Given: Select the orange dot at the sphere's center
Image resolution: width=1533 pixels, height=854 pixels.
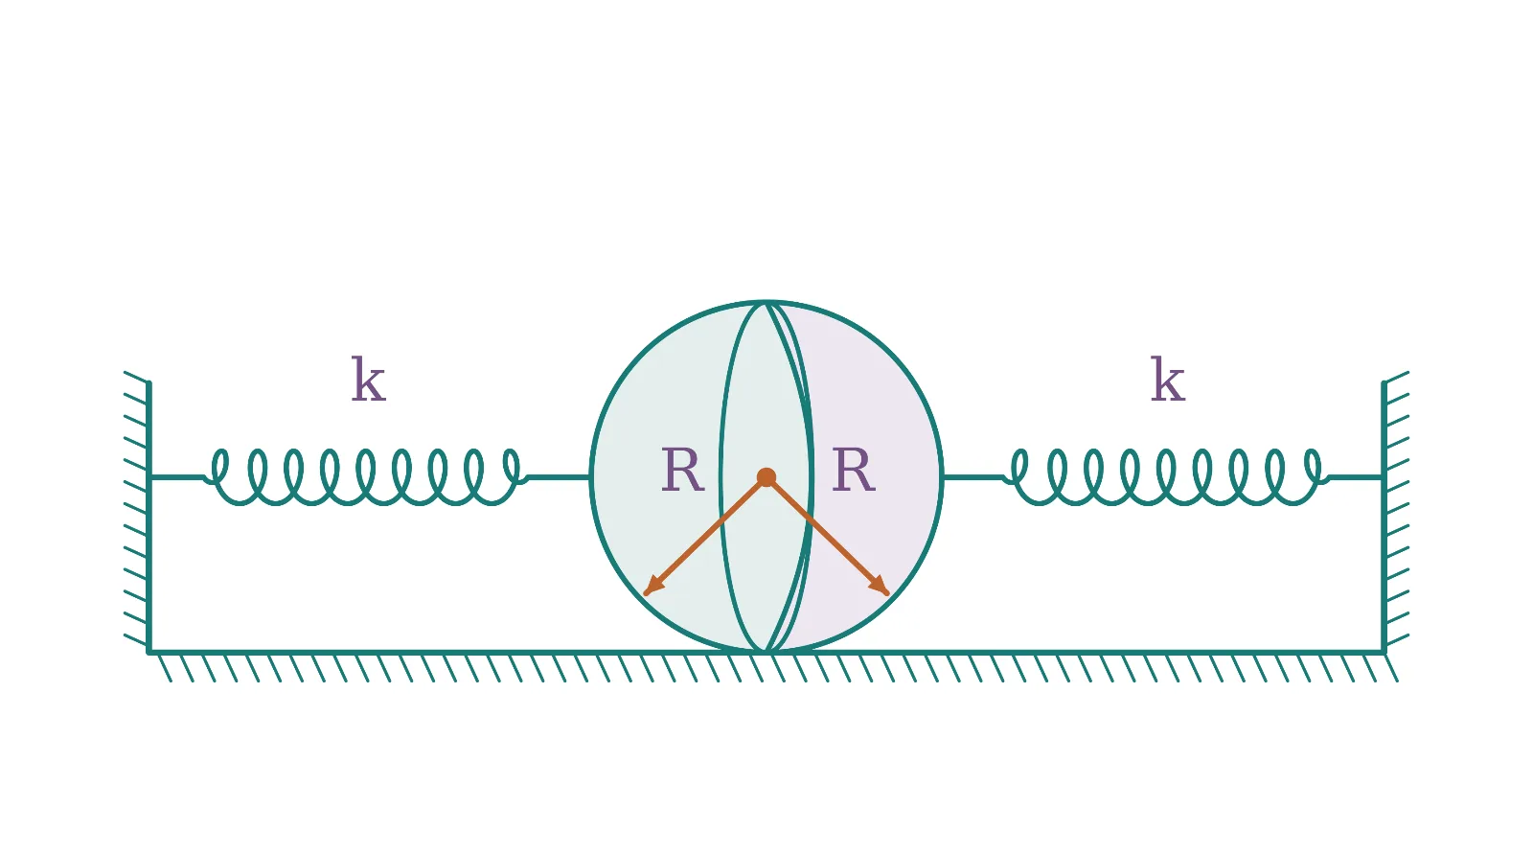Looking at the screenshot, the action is pyautogui.click(x=766, y=477).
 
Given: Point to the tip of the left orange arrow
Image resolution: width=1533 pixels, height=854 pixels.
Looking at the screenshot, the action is pyautogui.click(x=645, y=594).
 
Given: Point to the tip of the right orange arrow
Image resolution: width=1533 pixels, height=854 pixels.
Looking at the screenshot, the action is pyautogui.click(x=888, y=594).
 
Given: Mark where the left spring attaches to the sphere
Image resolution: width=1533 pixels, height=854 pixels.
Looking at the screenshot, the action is pyautogui.click(x=590, y=477).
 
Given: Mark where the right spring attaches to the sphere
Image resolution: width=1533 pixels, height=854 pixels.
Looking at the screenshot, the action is pyautogui.click(x=943, y=477).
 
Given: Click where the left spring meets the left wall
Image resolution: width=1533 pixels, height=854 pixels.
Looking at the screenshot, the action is pyautogui.click(x=149, y=477).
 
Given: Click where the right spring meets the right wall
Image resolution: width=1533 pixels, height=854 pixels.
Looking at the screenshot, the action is pyautogui.click(x=1384, y=477).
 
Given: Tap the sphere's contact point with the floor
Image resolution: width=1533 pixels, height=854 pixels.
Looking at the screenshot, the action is pyautogui.click(x=766, y=652).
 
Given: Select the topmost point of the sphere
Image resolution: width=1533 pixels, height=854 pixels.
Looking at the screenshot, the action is pyautogui.click(x=766, y=301).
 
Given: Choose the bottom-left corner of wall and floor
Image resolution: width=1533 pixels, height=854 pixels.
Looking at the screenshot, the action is pyautogui.click(x=149, y=652).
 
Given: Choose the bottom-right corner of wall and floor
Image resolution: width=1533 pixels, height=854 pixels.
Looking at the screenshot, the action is pyautogui.click(x=1384, y=652).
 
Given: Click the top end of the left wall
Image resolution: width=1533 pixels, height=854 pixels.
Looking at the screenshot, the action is pyautogui.click(x=149, y=382).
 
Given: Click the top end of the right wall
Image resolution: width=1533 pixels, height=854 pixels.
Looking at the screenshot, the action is pyautogui.click(x=1384, y=382).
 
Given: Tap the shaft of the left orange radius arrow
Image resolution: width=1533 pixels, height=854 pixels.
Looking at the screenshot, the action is pyautogui.click(x=705, y=536).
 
